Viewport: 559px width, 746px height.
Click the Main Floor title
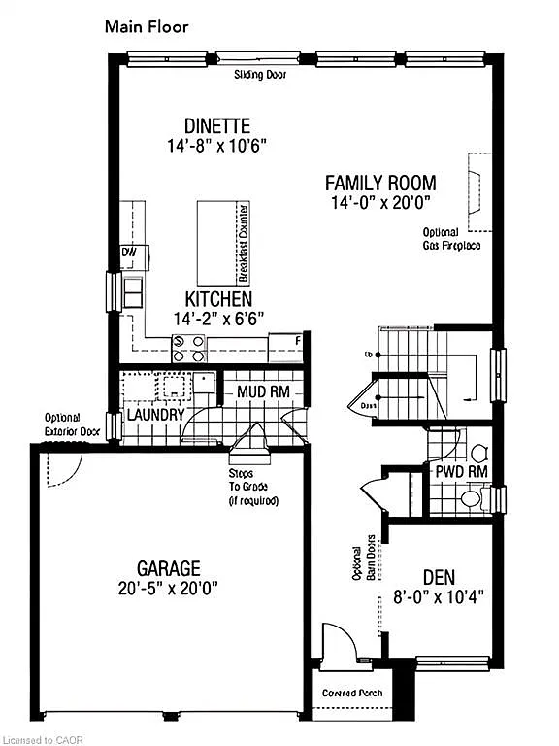(146, 27)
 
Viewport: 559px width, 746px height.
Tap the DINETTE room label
(217, 126)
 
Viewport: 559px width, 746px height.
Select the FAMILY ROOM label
(379, 183)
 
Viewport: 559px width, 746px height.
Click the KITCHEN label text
(218, 299)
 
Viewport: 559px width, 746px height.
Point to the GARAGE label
(169, 568)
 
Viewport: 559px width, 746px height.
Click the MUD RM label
(263, 392)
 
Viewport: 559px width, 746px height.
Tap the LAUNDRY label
(155, 415)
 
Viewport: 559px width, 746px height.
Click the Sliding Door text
(260, 74)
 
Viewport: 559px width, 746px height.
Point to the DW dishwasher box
(129, 253)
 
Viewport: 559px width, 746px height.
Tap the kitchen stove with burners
(188, 342)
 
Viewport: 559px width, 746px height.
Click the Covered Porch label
(353, 694)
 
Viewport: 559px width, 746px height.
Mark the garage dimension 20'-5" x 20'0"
(169, 589)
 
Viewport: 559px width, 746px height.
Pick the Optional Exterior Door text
(72, 424)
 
